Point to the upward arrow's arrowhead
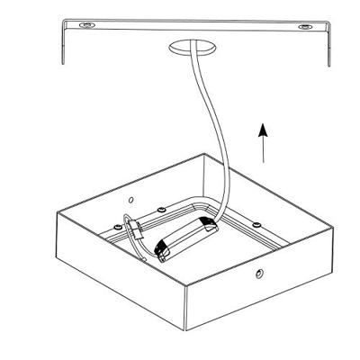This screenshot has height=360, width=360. pyautogui.click(x=262, y=129)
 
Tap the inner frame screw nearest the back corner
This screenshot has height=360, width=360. pyautogui.click(x=159, y=209)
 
